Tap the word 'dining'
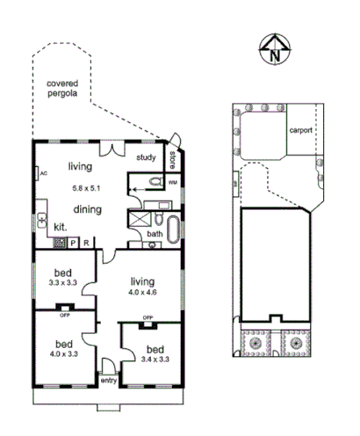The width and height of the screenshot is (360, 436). (x=87, y=209)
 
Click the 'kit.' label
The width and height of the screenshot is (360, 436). (x=60, y=226)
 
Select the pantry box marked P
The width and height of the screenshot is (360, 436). (x=73, y=242)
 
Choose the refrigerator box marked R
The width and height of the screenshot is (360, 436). (x=86, y=242)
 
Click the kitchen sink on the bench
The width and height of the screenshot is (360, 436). (x=41, y=221)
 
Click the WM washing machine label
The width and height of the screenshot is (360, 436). (x=172, y=183)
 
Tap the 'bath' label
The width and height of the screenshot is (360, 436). (x=154, y=234)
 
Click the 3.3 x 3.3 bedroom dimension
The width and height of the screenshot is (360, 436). (x=63, y=283)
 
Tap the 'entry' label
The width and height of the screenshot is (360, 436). (x=109, y=380)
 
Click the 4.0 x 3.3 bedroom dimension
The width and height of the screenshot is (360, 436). (x=63, y=354)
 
